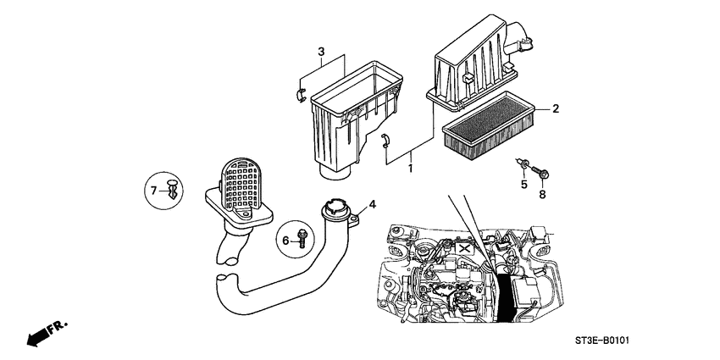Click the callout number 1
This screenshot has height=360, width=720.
(x=412, y=169)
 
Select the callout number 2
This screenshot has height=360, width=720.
(x=556, y=108)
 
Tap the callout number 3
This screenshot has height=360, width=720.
(x=321, y=53)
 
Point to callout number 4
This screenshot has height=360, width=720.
(x=371, y=204)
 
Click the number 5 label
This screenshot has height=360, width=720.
(x=523, y=185)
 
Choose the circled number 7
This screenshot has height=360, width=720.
(x=154, y=191)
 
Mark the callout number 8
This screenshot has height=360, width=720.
(x=543, y=194)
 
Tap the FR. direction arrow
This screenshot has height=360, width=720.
(x=47, y=333)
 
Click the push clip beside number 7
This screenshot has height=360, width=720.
(x=173, y=188)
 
